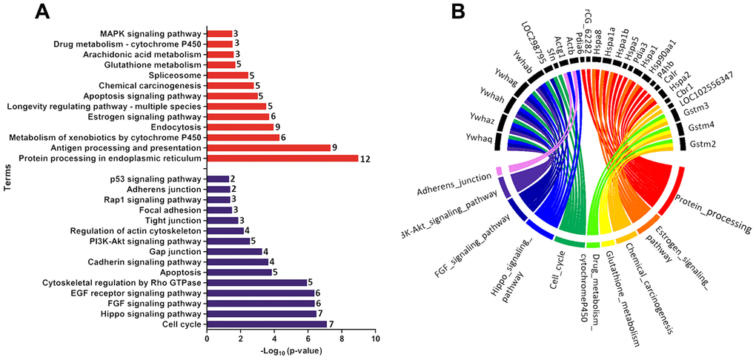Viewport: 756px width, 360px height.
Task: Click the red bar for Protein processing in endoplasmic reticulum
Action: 282,159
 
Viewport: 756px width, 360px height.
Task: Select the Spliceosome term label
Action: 176,75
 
